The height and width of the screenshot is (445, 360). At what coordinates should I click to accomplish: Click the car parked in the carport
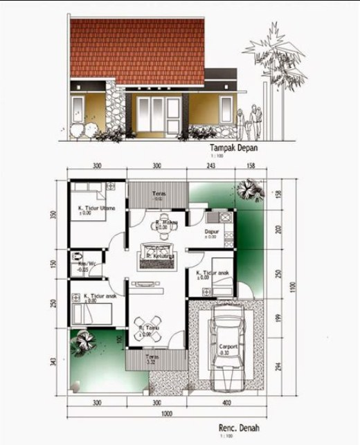(228, 333)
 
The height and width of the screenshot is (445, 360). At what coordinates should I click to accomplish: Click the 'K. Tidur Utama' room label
(98, 208)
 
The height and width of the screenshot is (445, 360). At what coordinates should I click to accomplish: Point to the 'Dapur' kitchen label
(212, 232)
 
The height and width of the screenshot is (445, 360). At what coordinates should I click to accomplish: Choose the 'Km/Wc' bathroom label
(87, 265)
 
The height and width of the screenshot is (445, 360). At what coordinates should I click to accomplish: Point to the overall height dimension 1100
(293, 284)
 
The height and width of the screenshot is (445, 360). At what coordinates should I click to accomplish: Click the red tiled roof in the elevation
(138, 48)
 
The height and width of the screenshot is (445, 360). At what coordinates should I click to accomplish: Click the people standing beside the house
(249, 121)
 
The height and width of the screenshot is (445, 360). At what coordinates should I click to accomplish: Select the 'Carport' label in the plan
(229, 347)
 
